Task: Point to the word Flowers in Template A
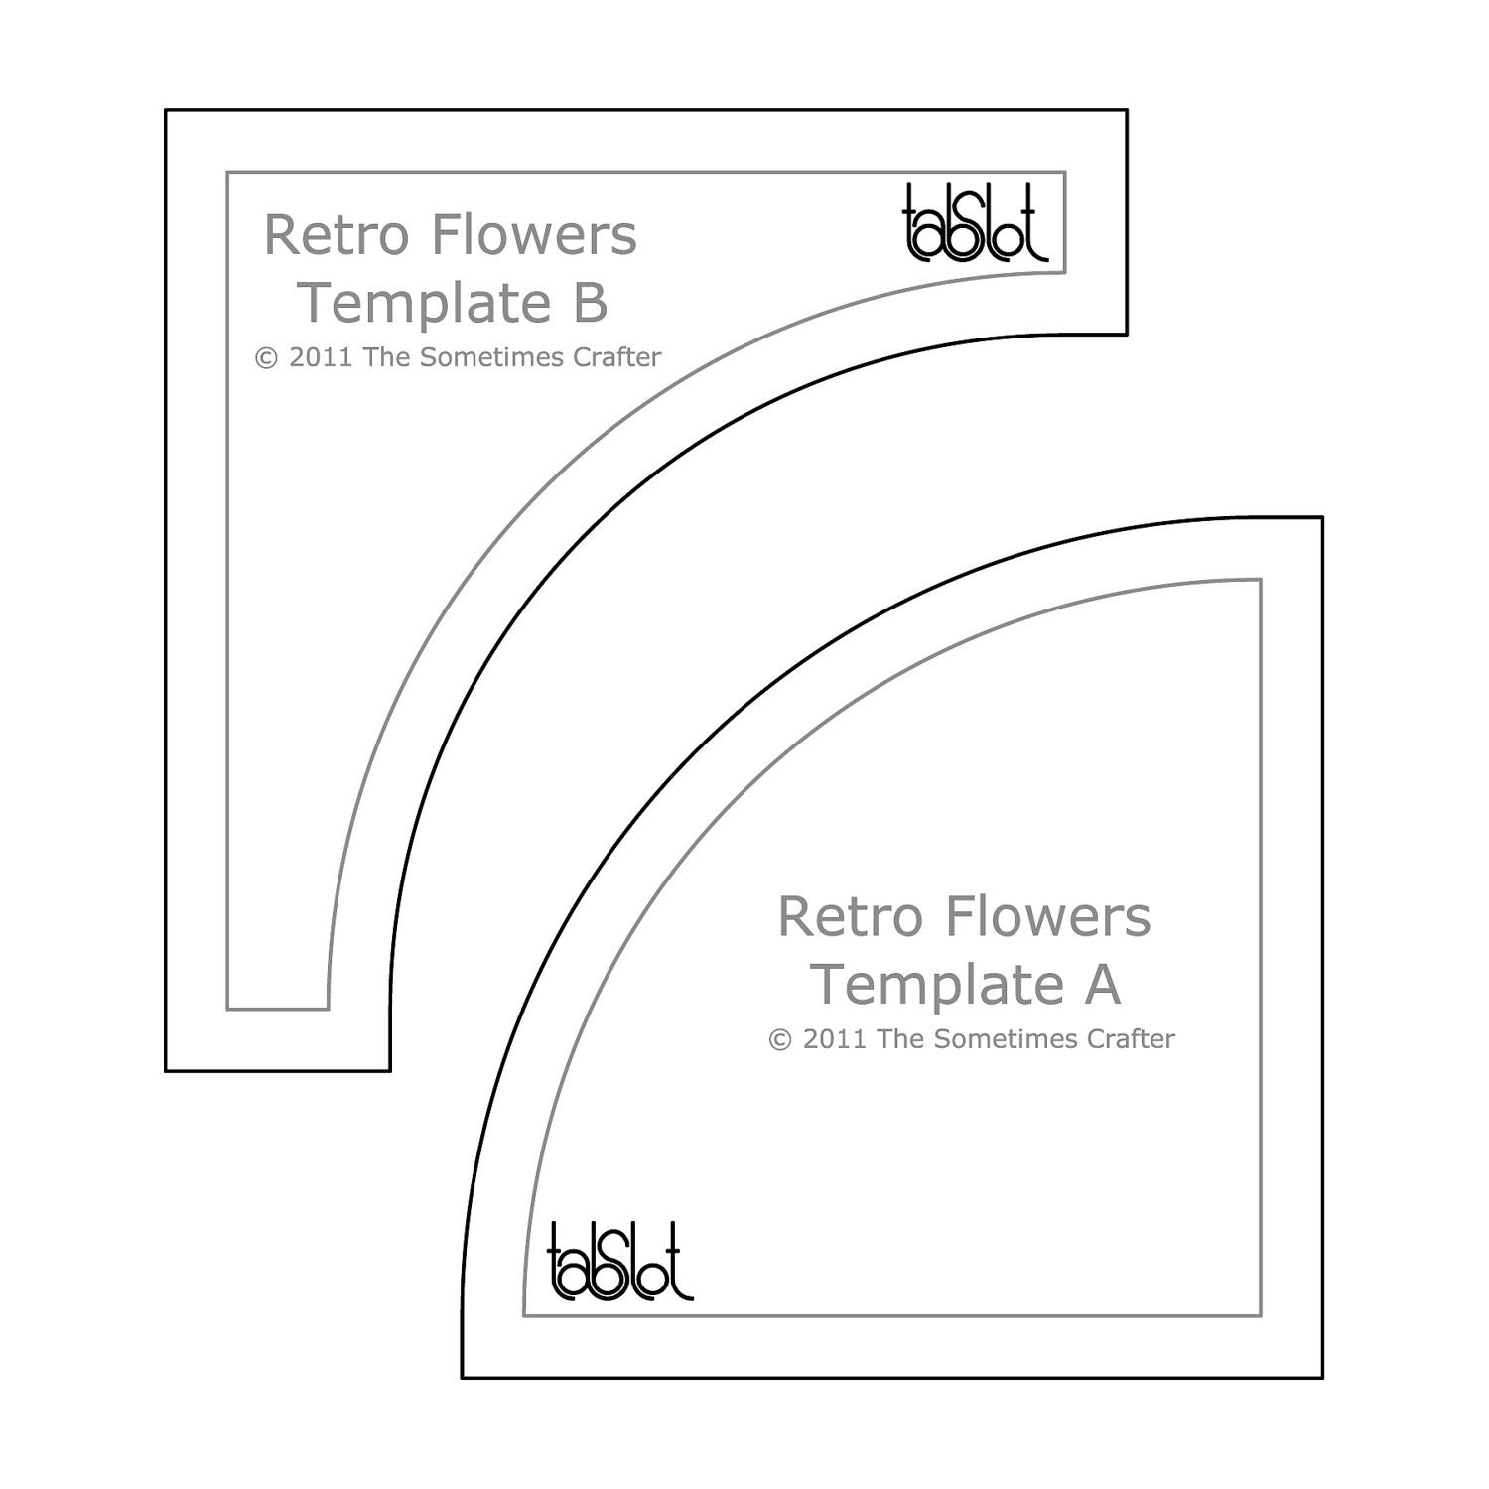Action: click(1048, 916)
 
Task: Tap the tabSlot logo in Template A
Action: click(619, 1262)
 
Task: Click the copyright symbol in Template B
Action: click(267, 357)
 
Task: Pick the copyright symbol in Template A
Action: click(781, 1039)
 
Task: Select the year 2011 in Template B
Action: click(321, 357)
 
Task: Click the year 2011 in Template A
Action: click(835, 1039)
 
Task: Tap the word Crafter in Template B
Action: click(616, 357)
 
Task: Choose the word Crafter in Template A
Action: click(1131, 1039)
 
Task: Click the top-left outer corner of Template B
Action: click(166, 110)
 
